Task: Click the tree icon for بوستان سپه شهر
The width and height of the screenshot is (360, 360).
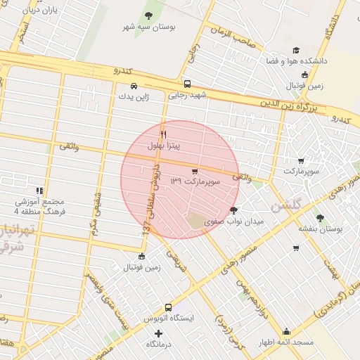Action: tap(148, 15)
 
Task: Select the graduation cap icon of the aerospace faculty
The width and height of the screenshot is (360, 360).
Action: tap(296, 51)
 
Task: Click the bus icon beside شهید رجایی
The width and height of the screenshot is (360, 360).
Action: tap(186, 84)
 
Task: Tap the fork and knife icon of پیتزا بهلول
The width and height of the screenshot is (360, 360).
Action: tap(163, 134)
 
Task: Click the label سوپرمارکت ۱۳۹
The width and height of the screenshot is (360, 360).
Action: tap(196, 181)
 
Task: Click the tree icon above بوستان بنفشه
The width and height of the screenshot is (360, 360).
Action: tap(321, 218)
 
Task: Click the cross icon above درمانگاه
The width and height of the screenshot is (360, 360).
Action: tap(159, 333)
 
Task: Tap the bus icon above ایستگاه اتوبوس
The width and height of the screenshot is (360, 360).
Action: tap(168, 307)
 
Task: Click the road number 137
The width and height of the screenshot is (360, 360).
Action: tap(146, 228)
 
